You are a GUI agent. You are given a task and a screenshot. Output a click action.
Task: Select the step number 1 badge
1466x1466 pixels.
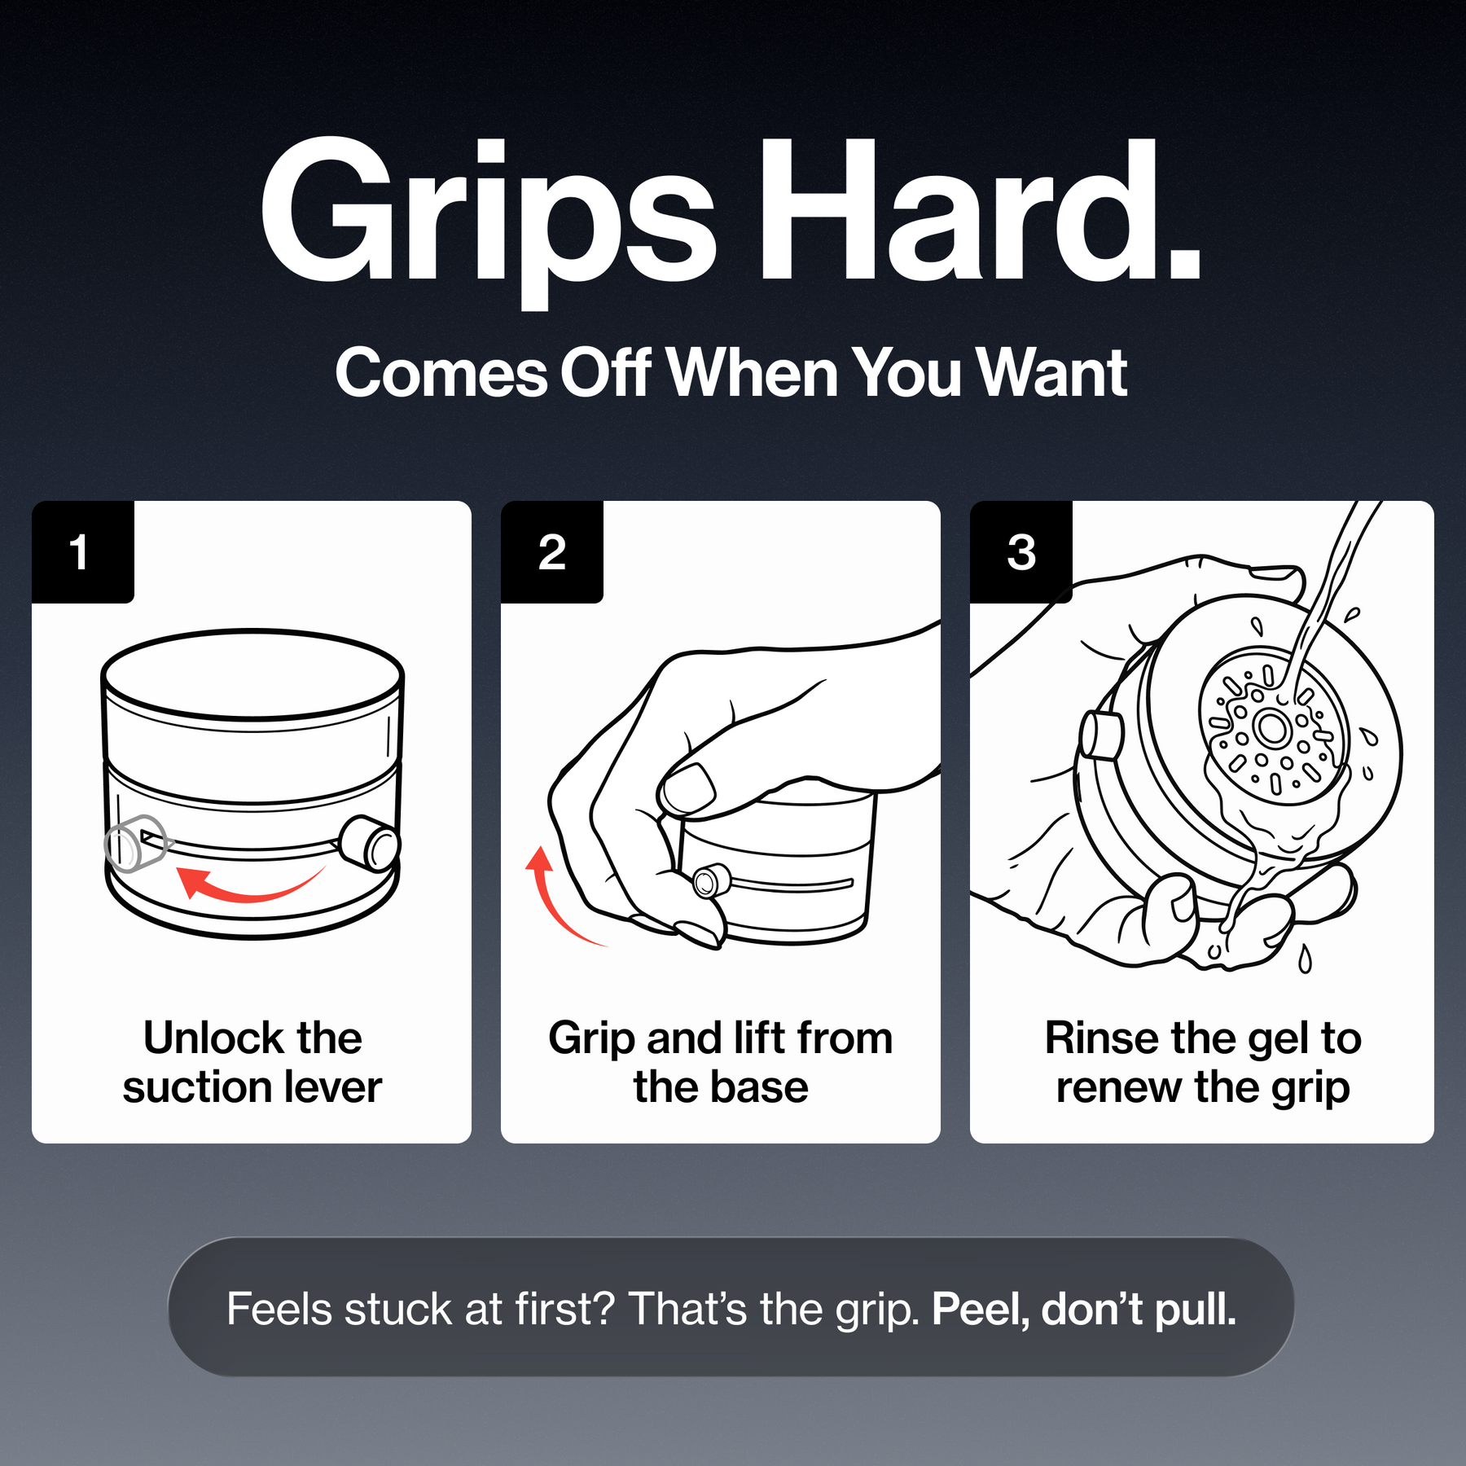click(x=82, y=552)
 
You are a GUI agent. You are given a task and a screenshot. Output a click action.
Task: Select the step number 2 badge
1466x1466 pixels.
click(x=552, y=552)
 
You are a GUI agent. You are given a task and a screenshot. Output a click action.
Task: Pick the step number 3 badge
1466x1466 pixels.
click(x=1021, y=552)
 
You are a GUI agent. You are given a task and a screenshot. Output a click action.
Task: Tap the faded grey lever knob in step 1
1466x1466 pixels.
click(x=134, y=844)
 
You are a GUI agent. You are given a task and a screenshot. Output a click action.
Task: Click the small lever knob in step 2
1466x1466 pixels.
click(x=711, y=881)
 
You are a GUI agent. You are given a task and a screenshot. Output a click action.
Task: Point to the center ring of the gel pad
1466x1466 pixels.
click(x=1272, y=727)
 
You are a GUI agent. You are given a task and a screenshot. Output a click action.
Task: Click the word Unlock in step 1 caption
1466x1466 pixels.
click(x=214, y=1038)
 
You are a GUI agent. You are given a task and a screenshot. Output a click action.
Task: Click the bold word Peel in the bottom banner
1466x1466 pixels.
click(x=981, y=1310)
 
